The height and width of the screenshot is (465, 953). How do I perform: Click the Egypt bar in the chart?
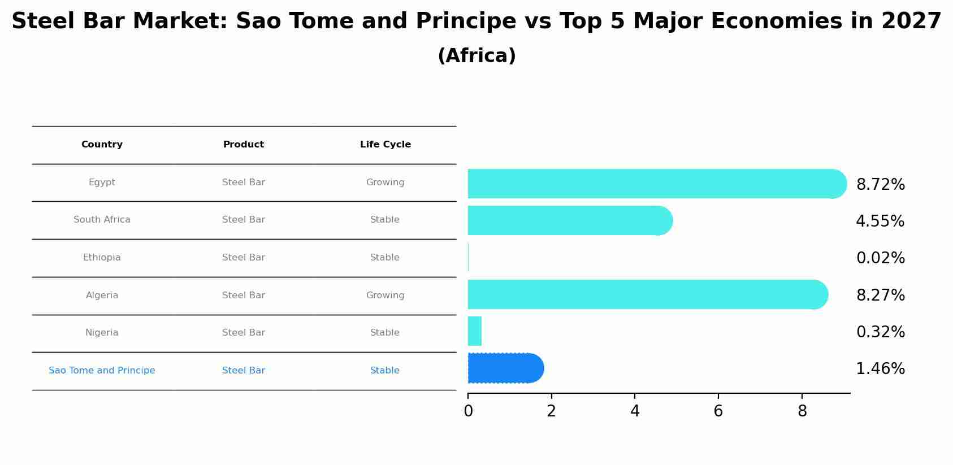click(656, 184)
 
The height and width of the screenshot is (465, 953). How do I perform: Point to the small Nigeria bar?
click(475, 331)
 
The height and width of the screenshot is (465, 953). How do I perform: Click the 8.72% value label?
click(880, 185)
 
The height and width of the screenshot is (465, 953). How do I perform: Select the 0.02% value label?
click(880, 258)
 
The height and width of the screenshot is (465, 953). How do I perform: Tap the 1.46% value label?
click(880, 369)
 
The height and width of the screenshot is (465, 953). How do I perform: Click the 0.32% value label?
click(880, 332)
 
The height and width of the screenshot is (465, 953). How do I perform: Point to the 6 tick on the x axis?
click(718, 411)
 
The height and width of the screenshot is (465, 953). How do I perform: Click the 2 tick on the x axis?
click(551, 411)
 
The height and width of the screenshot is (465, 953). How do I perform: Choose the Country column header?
click(102, 145)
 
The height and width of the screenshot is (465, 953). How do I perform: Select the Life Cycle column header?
click(385, 145)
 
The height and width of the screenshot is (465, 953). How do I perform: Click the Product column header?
click(244, 145)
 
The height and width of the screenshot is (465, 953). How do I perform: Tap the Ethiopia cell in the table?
click(102, 258)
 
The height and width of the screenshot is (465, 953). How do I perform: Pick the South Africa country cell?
click(102, 220)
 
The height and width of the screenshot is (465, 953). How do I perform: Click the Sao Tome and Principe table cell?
click(102, 371)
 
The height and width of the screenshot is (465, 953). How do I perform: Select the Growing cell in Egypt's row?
click(385, 182)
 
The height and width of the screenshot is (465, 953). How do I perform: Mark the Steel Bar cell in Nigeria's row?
click(244, 333)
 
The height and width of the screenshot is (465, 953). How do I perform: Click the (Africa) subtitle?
click(476, 56)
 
